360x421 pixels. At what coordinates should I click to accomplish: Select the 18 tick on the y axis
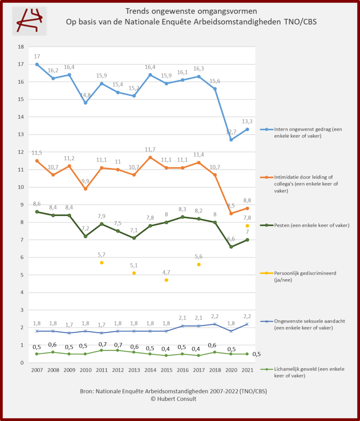pyautogui.click(x=20, y=47)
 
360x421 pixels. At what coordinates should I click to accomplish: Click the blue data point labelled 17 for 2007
pyautogui.click(x=37, y=64)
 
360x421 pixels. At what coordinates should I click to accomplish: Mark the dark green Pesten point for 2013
pyautogui.click(x=134, y=238)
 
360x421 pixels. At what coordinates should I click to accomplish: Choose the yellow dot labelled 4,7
pyautogui.click(x=167, y=280)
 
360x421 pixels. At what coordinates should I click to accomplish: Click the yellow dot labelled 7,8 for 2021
pyautogui.click(x=247, y=226)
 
